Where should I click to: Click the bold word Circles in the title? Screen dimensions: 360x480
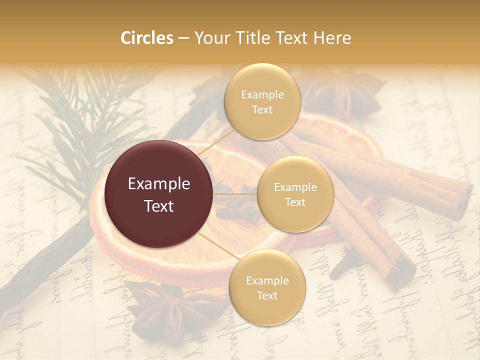click(x=146, y=38)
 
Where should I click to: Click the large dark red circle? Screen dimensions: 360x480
click(x=159, y=194)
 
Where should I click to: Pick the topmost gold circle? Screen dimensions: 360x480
click(x=262, y=101)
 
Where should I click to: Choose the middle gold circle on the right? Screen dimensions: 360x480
click(x=295, y=194)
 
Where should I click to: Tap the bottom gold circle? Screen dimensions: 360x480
click(x=267, y=287)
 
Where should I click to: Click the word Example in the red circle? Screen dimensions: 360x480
click(x=159, y=184)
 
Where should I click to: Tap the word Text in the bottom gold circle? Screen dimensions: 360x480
click(x=267, y=295)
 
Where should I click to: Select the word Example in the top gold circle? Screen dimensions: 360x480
click(x=262, y=95)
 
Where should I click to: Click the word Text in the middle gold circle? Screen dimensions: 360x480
click(x=295, y=202)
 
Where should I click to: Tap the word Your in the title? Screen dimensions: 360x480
click(x=210, y=38)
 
